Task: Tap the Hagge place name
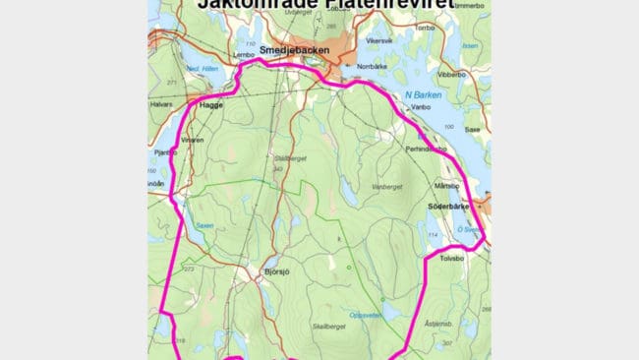pyautogui.click(x=211, y=104)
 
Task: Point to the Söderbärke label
pyautogui.click(x=449, y=207)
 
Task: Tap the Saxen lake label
pyautogui.click(x=203, y=225)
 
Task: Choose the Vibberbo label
pyautogui.click(x=451, y=74)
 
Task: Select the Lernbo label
pyautogui.click(x=244, y=55)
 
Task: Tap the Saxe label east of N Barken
pyautogui.click(x=473, y=129)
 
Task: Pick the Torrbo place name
pyautogui.click(x=424, y=28)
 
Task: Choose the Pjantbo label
pyautogui.click(x=165, y=152)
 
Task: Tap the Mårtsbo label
pyautogui.click(x=447, y=186)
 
